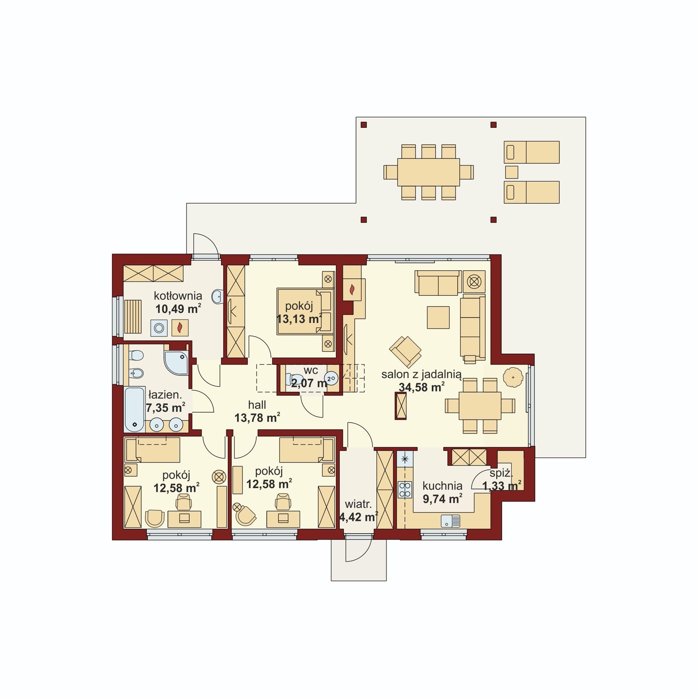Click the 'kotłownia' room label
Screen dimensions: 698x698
pos(178,296)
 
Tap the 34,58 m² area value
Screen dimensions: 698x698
pos(421,387)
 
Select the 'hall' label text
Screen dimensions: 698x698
pos(257,405)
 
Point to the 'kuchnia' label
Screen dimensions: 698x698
pos(442,486)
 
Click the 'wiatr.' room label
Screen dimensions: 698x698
pos(358,504)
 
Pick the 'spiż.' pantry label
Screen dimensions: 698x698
pos(501,473)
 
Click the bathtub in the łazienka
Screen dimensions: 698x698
pos(134,409)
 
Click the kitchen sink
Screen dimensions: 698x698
pos(450,521)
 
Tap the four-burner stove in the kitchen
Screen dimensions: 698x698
pos(405,489)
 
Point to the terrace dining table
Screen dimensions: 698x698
pos(428,172)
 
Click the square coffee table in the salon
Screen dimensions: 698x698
pos(438,317)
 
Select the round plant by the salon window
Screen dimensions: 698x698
pos(513,377)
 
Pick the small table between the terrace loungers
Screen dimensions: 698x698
pos(511,172)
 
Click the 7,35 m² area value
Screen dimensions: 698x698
pos(165,408)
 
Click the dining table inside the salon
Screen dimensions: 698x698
pos(480,406)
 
